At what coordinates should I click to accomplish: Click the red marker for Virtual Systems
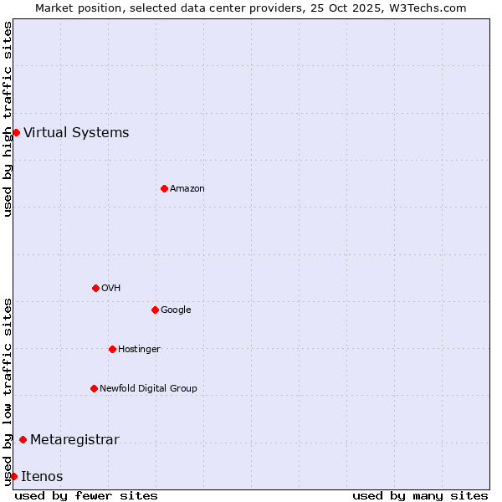point(16,132)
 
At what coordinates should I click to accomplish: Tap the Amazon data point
point(164,188)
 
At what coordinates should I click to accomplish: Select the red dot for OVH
point(95,288)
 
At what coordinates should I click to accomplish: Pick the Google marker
point(155,310)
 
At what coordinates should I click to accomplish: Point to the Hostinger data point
point(112,349)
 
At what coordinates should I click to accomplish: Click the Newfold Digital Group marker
point(94,388)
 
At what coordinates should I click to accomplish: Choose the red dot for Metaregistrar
point(23,440)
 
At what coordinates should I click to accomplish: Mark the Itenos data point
point(13,476)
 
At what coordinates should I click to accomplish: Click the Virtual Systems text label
point(76,132)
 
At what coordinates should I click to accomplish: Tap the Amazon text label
point(187,188)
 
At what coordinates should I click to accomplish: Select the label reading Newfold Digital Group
point(148,388)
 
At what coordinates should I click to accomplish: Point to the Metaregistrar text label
point(74,440)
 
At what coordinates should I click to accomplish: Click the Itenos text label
point(42,476)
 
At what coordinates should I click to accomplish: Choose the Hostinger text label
point(139,349)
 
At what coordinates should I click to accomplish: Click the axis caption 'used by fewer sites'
point(86,495)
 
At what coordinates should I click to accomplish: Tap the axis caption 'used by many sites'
point(420,495)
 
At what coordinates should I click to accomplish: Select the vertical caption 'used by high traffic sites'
point(8,119)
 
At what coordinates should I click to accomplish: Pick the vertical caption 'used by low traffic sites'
point(8,392)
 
